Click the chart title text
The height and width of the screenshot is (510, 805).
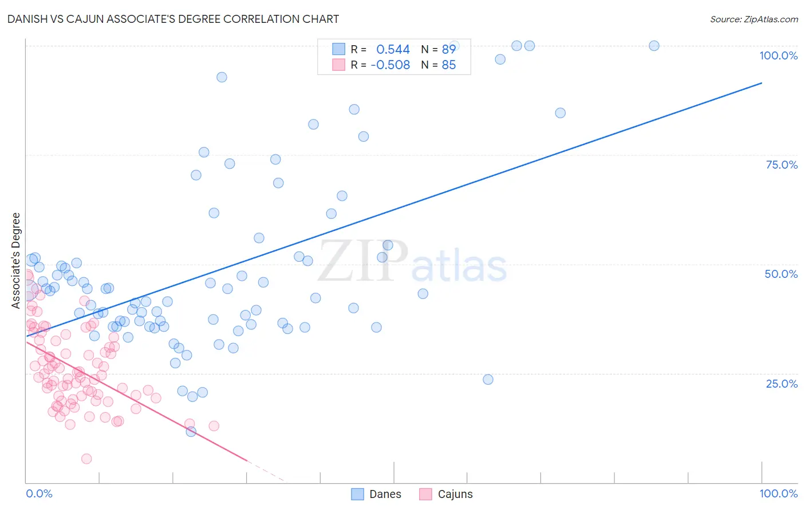coord(173,19)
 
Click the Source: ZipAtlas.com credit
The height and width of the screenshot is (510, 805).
coord(753,19)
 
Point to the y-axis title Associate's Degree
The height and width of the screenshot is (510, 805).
coord(16,260)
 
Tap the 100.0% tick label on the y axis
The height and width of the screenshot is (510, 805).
coord(778,55)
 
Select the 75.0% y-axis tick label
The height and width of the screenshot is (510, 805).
coord(782,165)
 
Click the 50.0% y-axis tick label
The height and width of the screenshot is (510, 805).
coord(781,274)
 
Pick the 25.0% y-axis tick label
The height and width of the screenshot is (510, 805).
coord(782,383)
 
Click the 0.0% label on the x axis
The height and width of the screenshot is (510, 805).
coord(39,493)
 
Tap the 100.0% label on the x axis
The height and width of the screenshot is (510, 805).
coord(778,493)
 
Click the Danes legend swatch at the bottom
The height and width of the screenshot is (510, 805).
coord(358,494)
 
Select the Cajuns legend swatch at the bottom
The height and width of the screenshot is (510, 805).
coord(425,494)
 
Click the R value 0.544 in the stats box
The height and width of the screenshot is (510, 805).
coord(393,50)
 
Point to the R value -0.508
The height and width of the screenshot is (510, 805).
coord(390,65)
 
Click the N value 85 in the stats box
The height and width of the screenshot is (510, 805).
coord(449,65)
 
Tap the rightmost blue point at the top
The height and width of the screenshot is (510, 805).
coord(654,46)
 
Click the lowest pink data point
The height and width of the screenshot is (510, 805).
coord(86,459)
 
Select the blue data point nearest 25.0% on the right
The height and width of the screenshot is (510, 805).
coord(488,380)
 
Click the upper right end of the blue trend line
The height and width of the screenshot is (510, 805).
coord(761,83)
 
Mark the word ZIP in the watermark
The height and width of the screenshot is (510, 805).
coord(363,261)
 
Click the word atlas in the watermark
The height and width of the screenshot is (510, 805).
coord(459,267)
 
